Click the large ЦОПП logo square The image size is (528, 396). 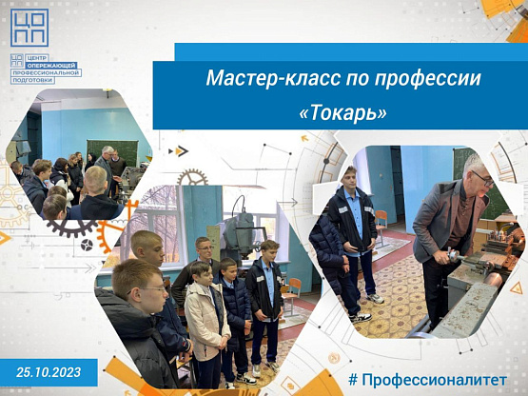pos(29,28)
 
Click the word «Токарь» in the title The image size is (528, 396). pos(342,113)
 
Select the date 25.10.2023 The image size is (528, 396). pos(49,372)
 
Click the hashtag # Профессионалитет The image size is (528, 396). pos(427,380)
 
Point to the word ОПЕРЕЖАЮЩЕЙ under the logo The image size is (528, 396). pos(52,66)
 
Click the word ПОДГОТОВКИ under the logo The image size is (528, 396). pos(32,80)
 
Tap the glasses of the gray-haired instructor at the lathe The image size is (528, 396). pos(483,179)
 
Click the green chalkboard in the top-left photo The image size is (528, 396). pos(112,151)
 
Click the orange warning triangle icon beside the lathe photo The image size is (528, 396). pos(516,288)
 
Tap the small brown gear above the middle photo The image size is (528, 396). pos(192,178)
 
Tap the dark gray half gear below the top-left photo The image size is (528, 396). pos(71,228)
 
